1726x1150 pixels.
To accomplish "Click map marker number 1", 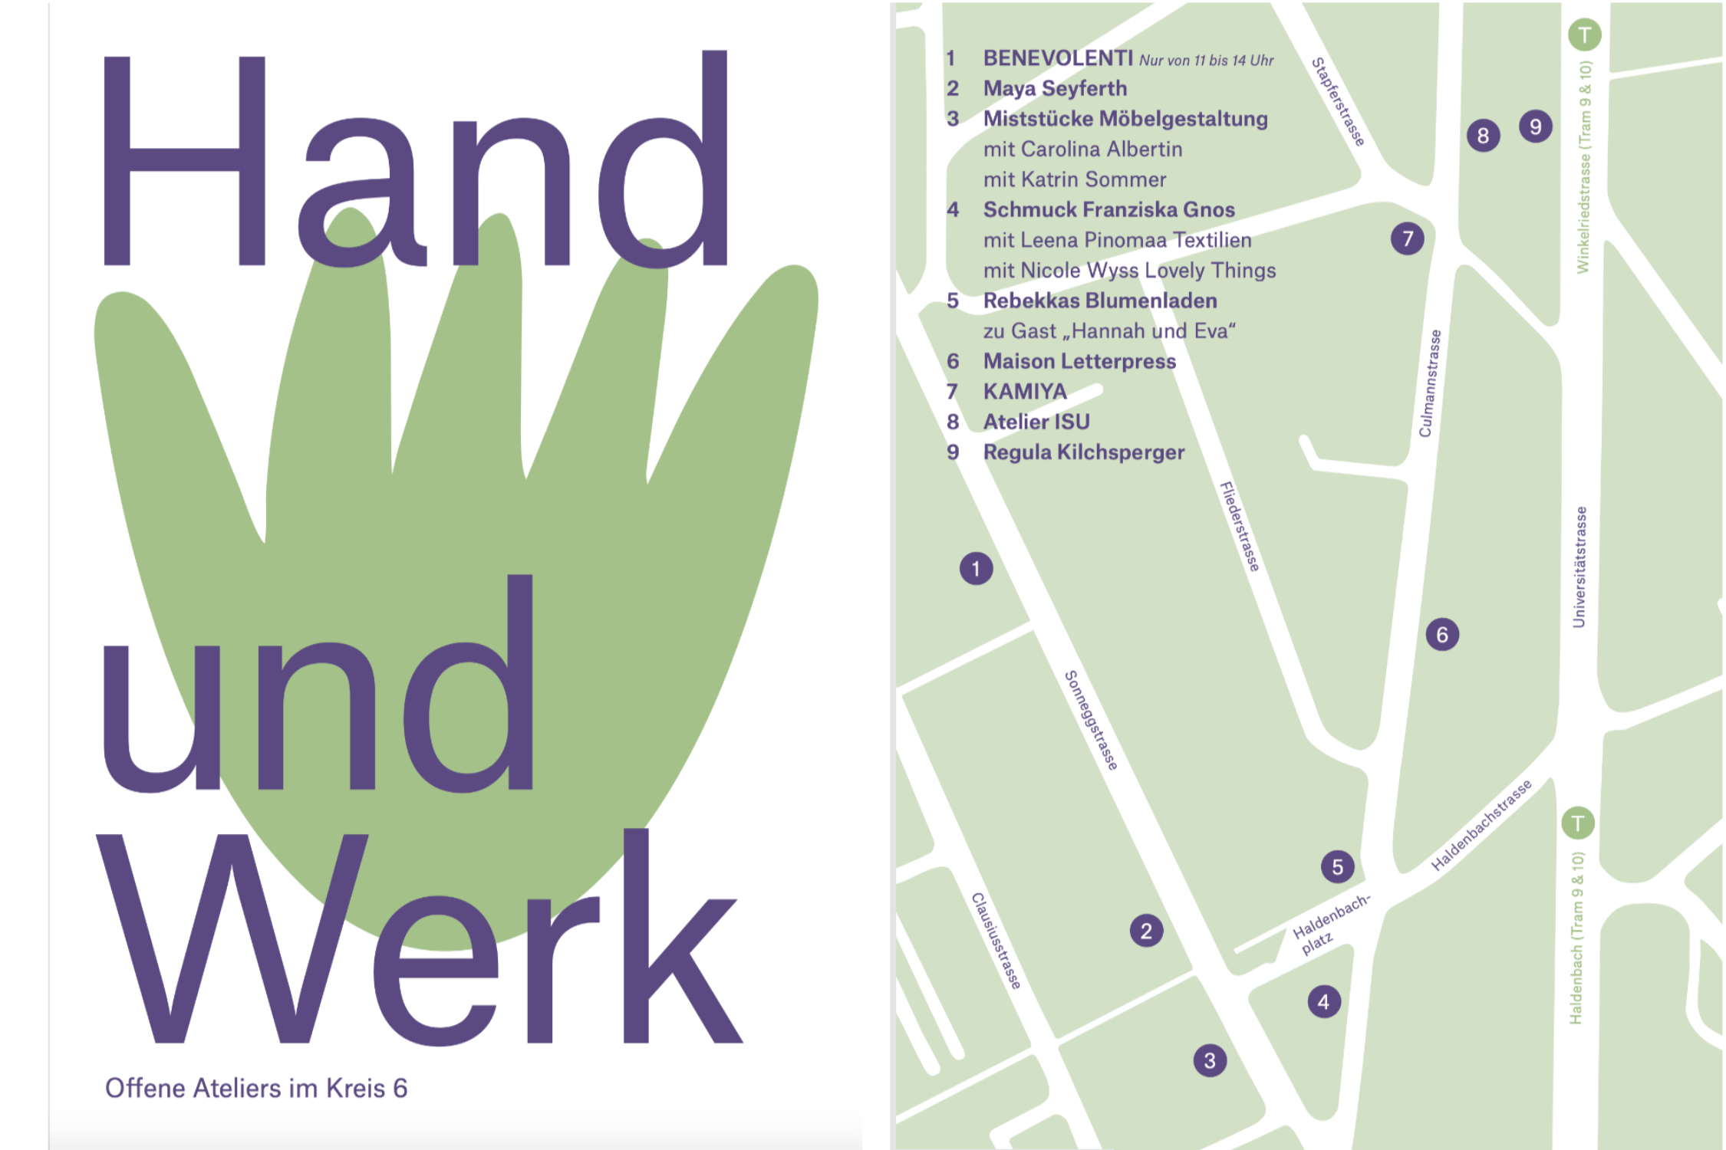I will pos(976,569).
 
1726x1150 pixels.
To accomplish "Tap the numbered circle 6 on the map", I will pos(1442,635).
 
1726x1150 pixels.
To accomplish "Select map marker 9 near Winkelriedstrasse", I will pos(1535,127).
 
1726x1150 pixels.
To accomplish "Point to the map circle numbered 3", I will pos(1210,1061).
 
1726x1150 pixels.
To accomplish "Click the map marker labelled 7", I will pos(1407,238).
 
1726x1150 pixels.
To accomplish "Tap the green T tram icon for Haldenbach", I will pos(1578,823).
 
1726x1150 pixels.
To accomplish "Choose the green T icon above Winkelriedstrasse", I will pos(1584,34).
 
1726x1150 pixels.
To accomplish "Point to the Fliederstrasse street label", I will pos(1240,526).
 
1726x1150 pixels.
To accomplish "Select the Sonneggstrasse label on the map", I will pos(1091,720).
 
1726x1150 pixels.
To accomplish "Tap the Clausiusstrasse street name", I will pos(996,941).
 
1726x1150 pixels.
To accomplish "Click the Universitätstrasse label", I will pos(1579,567).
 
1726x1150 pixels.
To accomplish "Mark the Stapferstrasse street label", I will pos(1338,101).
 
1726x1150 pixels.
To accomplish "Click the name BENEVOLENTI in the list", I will pos(1058,58).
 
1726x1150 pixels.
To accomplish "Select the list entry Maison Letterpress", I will pos(1079,361).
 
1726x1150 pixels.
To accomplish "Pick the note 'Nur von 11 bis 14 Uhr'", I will pos(1206,61).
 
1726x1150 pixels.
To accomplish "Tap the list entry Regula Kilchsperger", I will pos(1084,452).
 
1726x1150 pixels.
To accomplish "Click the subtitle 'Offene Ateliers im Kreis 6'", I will pos(256,1088).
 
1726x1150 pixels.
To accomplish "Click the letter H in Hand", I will pos(184,161).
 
